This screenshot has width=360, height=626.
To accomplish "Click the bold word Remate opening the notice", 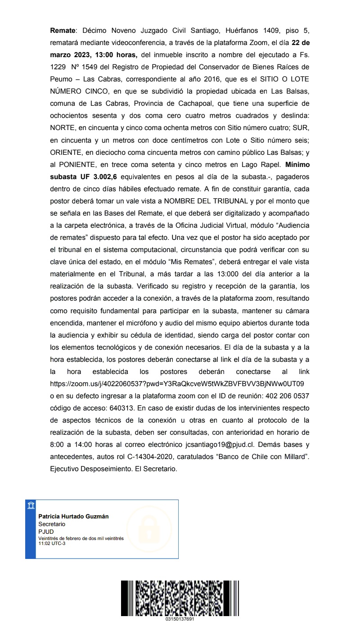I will [63, 31].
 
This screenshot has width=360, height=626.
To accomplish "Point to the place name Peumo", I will [61, 79].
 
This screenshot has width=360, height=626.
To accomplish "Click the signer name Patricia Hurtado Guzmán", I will [73, 516].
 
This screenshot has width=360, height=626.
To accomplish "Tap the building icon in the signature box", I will [30, 505].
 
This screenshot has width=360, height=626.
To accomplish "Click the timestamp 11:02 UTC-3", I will [52, 543].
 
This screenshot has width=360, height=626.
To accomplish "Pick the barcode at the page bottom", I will [180, 598].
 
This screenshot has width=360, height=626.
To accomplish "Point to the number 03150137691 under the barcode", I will [180, 619].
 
